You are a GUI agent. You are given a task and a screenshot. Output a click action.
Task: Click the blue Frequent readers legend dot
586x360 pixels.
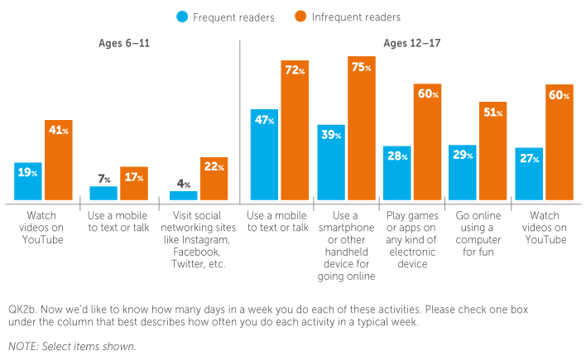(x=180, y=17)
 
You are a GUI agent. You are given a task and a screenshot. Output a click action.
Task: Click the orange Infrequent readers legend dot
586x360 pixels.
(x=300, y=17)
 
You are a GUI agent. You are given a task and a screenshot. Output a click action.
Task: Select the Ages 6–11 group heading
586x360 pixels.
(x=124, y=43)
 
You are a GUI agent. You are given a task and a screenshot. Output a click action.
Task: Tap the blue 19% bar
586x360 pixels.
(x=29, y=182)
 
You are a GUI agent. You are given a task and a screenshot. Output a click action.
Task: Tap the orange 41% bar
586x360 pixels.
(x=60, y=161)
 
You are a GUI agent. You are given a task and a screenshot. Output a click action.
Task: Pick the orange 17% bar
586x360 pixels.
(x=134, y=184)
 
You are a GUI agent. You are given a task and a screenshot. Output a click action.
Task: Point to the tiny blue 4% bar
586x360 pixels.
(x=184, y=196)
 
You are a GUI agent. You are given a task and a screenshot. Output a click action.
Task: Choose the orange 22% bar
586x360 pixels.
(x=214, y=180)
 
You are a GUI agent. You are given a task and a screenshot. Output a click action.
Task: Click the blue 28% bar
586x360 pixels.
(x=397, y=174)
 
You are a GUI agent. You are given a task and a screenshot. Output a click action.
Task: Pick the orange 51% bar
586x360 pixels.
(x=493, y=151)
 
